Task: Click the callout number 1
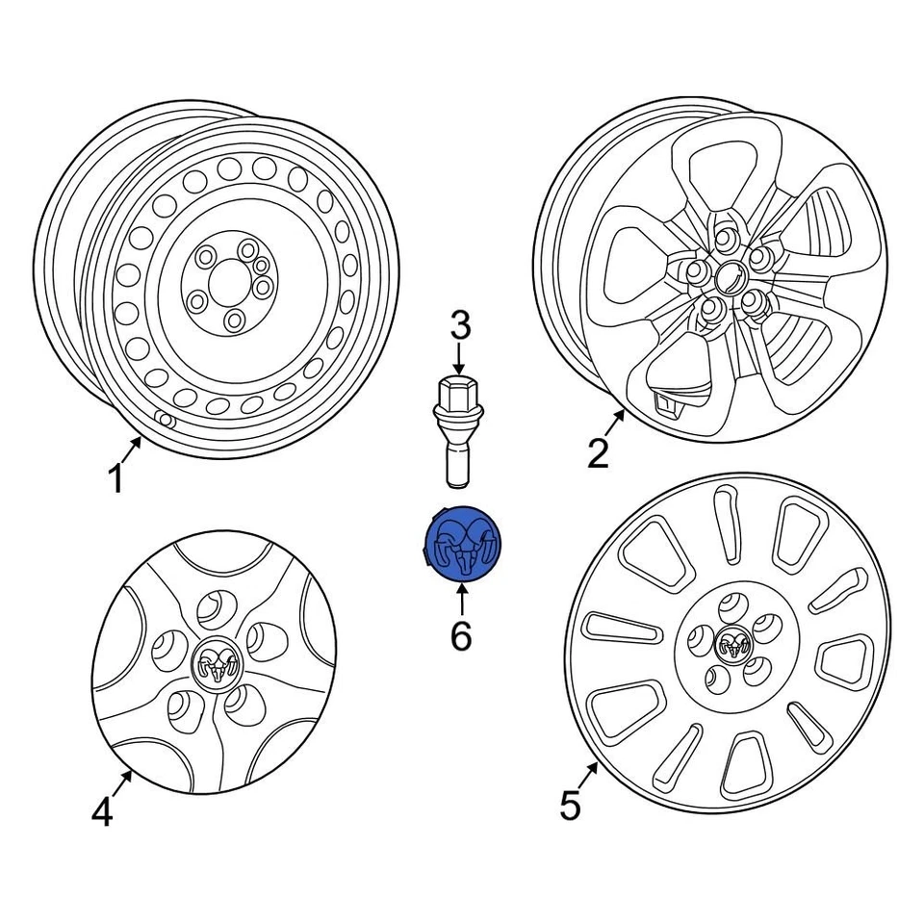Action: tap(115, 477)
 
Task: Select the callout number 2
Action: tap(599, 452)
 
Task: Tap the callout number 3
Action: tap(461, 325)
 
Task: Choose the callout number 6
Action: tap(461, 635)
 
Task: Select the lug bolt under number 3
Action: tap(459, 428)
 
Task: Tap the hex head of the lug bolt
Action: tap(459, 392)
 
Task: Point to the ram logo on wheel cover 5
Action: tap(734, 643)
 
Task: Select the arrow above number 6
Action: tap(461, 599)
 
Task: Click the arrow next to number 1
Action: tap(133, 449)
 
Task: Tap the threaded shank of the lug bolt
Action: tap(459, 459)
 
